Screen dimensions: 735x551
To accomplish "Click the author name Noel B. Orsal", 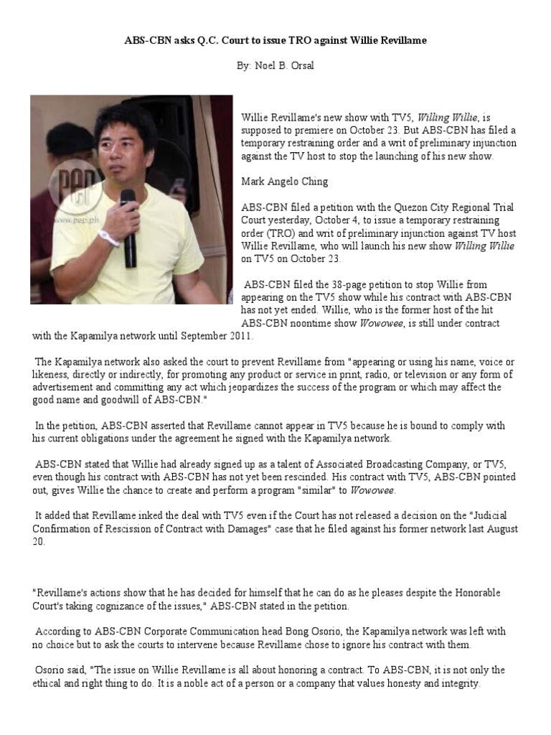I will (x=275, y=66).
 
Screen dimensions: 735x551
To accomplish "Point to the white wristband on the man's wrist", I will (x=109, y=238).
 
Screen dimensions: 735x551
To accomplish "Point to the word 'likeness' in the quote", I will (x=53, y=375).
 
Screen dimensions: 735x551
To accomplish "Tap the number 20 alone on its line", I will (x=39, y=542).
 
